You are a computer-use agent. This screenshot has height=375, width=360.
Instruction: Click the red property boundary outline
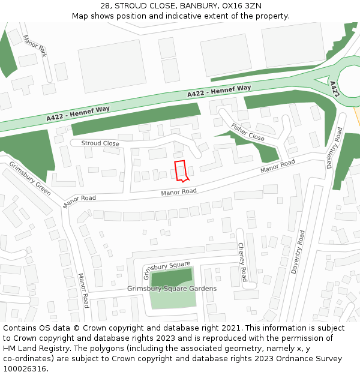tap(181, 170)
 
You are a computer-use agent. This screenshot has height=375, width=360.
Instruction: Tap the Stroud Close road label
tap(100, 143)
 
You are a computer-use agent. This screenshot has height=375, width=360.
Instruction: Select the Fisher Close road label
tap(248, 132)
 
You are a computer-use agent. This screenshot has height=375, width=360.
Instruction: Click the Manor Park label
tap(34, 46)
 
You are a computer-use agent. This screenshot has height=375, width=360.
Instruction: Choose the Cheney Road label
tap(242, 262)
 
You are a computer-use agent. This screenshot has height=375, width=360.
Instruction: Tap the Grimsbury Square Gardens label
tap(172, 289)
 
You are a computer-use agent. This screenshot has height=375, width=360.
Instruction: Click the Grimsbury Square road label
tap(167, 270)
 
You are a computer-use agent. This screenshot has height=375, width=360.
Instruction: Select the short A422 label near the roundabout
tap(334, 89)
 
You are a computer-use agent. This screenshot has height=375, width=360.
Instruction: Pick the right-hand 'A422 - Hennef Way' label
tap(219, 91)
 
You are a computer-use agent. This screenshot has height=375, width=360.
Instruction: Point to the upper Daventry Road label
tap(334, 149)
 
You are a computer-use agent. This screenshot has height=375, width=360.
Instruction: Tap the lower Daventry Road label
tap(298, 252)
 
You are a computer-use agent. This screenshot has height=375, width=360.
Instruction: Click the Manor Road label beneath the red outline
tap(178, 192)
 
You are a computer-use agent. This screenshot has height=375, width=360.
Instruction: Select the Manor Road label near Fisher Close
tap(277, 167)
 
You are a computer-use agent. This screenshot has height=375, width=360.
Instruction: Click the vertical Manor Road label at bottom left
tap(83, 290)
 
